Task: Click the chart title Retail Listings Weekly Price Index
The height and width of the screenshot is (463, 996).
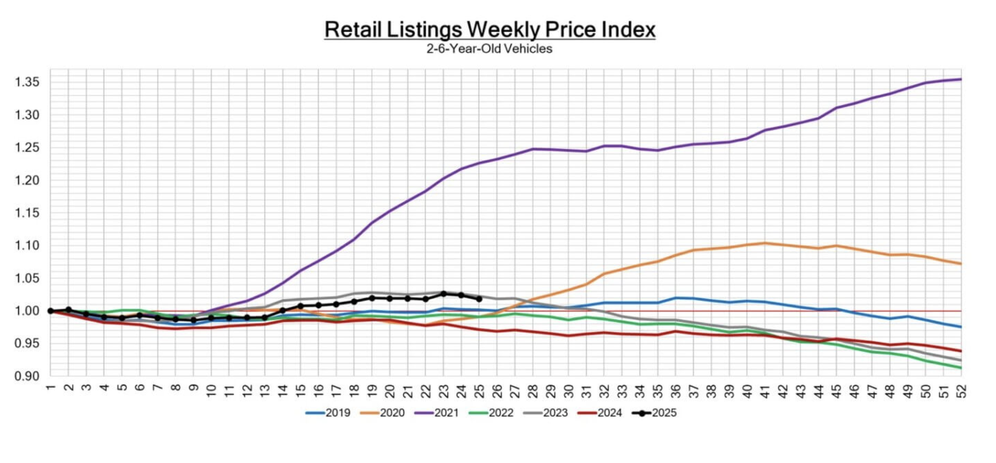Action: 490,30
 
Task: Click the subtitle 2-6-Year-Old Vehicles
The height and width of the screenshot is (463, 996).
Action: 489,49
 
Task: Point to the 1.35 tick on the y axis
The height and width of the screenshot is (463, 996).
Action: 27,82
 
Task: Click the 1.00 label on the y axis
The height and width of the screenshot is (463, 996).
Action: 27,311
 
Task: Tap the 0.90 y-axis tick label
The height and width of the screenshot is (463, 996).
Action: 27,376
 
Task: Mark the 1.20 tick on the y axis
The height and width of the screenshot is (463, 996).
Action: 27,180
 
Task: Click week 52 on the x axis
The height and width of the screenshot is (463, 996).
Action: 961,391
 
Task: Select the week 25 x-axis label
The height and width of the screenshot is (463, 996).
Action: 479,391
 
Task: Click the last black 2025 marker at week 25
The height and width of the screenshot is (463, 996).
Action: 479,299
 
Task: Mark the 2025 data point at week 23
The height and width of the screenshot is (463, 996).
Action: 444,294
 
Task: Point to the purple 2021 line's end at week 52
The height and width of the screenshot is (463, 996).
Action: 961,80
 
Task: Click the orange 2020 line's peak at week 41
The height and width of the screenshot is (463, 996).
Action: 765,243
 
